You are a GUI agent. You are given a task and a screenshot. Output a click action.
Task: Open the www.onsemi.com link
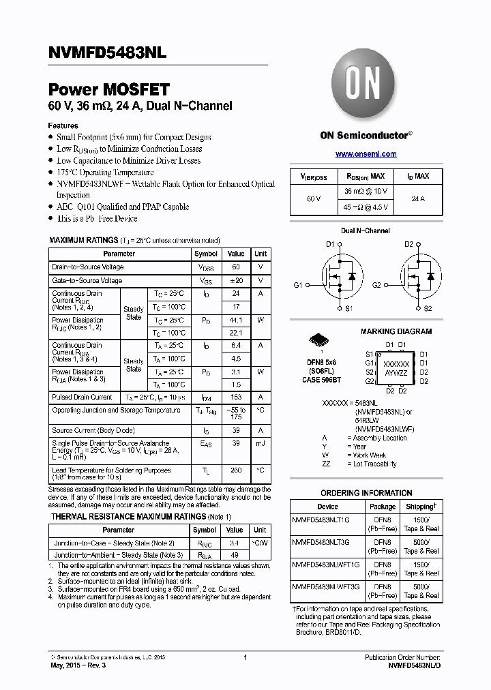(x=366, y=154)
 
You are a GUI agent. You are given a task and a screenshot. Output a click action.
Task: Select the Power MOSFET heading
(x=108, y=89)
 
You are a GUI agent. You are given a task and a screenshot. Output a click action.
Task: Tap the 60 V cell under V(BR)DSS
(x=314, y=198)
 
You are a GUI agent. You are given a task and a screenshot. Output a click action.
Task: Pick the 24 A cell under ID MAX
(x=418, y=198)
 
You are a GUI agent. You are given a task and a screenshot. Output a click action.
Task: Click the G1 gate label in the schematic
(x=298, y=285)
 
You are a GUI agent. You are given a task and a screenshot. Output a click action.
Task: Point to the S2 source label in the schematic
(x=428, y=309)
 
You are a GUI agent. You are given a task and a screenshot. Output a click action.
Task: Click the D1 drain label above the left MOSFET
(x=330, y=244)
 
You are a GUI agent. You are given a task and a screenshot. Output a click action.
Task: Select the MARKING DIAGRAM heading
(x=396, y=331)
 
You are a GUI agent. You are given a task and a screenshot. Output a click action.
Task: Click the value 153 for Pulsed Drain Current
(x=236, y=397)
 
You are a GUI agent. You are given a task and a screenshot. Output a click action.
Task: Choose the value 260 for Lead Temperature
(x=236, y=470)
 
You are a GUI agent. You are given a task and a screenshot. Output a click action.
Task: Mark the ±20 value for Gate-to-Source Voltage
(x=236, y=280)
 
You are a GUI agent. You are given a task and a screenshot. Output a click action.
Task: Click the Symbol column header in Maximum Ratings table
(x=206, y=254)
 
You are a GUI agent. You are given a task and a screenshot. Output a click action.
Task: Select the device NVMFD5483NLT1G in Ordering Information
(x=321, y=520)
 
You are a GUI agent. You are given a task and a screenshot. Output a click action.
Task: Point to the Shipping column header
(x=421, y=507)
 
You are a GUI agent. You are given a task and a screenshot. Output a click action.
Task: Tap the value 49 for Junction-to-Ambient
(x=235, y=555)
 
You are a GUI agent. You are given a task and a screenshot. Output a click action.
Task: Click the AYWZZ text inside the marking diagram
(x=396, y=374)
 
